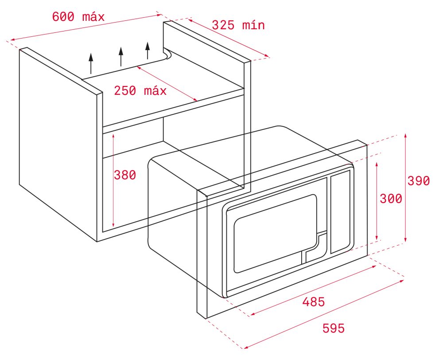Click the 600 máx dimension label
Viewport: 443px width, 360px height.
tap(78, 17)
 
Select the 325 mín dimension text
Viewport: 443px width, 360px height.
tap(238, 25)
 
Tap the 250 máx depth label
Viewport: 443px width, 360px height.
tap(140, 91)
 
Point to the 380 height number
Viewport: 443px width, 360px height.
tap(125, 175)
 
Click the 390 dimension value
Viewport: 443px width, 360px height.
tap(419, 181)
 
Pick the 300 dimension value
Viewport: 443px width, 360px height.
tap(391, 199)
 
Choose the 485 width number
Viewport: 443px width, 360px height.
tap(314, 302)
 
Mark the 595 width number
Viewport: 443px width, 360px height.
tap(334, 329)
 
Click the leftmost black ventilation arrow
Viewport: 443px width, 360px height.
tap(91, 63)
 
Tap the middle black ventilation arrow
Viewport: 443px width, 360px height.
tap(121, 57)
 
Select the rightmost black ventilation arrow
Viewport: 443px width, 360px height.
tap(147, 51)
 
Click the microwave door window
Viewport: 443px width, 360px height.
tap(275, 234)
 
